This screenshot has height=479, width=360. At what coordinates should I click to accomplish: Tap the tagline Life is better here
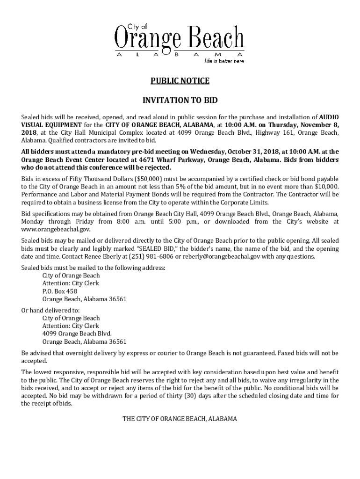click(223, 61)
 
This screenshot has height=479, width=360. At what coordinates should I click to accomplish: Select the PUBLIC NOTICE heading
click(180, 81)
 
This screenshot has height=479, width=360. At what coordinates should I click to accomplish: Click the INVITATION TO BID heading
click(180, 100)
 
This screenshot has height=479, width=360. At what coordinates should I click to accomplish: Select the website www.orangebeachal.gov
click(56, 229)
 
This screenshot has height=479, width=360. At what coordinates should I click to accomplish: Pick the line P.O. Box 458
click(60, 291)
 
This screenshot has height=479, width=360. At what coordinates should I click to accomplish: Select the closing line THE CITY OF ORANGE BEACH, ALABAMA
click(180, 419)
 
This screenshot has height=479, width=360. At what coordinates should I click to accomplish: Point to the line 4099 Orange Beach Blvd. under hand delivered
click(77, 334)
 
